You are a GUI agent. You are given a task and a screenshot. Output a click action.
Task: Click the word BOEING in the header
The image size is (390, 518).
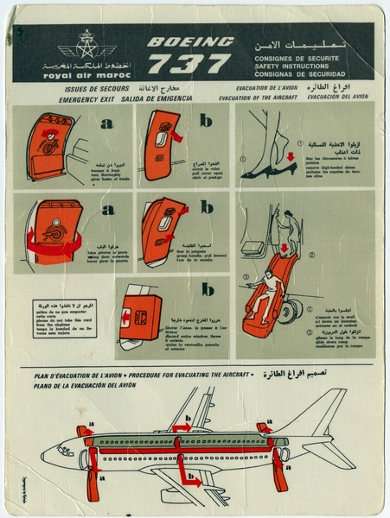[x=189, y=41]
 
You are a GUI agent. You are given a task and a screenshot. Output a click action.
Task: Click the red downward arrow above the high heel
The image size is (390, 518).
[x=291, y=159]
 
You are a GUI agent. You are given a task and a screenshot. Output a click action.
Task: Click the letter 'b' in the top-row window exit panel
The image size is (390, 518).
[x=206, y=122]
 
